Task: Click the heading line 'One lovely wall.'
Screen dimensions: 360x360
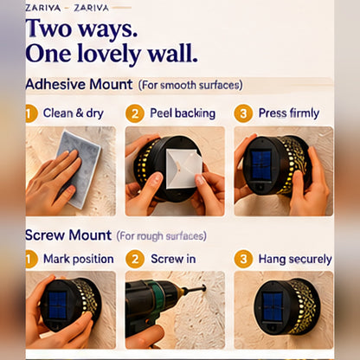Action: [x=112, y=55]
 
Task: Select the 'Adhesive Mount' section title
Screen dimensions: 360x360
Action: [x=79, y=85]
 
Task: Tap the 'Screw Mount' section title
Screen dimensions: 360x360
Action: [x=68, y=235]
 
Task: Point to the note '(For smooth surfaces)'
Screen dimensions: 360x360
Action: [x=190, y=86]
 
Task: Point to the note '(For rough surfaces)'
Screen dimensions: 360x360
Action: [x=162, y=236]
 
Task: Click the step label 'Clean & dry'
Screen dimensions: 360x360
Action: [x=74, y=113]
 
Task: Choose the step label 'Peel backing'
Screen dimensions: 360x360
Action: [x=183, y=113]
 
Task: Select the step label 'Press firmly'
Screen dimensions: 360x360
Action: [x=289, y=113]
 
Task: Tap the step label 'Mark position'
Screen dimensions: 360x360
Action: [x=79, y=259]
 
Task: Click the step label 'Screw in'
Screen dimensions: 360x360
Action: [x=173, y=259]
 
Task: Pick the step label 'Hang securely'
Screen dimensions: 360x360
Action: [x=295, y=260]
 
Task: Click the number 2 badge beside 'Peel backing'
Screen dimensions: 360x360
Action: [x=135, y=113]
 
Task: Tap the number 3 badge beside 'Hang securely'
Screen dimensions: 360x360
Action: [x=243, y=259]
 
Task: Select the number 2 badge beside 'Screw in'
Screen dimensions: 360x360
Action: [x=135, y=259]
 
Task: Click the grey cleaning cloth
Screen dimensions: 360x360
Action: [x=80, y=169]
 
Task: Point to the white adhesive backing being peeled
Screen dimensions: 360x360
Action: [x=183, y=169]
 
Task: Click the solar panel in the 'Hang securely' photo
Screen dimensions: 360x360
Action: [x=273, y=307]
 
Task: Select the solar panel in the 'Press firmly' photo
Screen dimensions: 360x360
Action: [x=261, y=164]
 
